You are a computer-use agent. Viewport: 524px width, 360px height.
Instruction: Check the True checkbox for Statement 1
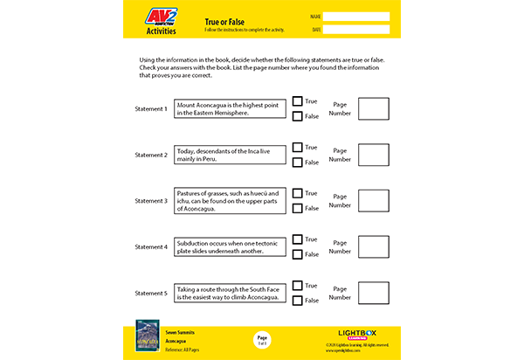(x=298, y=101)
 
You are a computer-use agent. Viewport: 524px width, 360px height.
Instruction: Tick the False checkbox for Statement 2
(x=298, y=163)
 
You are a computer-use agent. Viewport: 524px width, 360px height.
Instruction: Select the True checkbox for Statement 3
(x=298, y=193)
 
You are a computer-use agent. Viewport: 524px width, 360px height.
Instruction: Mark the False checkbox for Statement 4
(x=298, y=254)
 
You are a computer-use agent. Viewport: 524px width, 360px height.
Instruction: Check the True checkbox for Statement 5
(x=298, y=286)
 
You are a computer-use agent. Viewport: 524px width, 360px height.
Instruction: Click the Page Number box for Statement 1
(x=373, y=109)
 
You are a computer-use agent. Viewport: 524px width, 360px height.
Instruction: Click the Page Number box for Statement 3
(x=373, y=201)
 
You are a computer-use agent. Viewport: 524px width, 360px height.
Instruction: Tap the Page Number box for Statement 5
(x=373, y=293)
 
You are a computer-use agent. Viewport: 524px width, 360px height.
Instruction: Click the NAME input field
(x=356, y=17)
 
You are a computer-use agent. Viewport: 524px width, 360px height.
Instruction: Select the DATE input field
(x=356, y=30)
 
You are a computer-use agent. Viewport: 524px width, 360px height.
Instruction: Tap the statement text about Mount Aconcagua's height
(x=230, y=109)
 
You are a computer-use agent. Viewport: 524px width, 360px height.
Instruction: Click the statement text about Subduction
(x=230, y=246)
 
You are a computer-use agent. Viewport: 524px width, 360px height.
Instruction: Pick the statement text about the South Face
(x=230, y=293)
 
